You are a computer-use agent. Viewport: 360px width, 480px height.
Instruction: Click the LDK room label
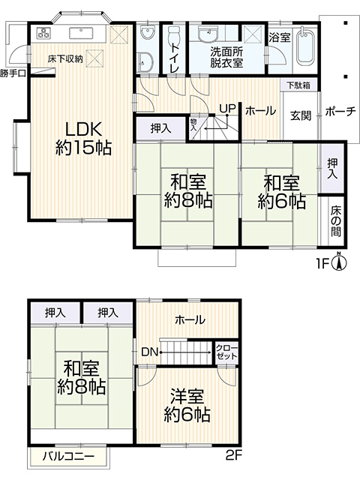tap(82, 137)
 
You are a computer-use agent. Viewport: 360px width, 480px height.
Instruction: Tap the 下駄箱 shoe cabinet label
tap(295, 85)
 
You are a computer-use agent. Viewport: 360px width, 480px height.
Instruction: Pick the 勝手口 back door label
tap(13, 73)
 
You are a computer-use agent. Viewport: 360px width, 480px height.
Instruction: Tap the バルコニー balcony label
tap(67, 455)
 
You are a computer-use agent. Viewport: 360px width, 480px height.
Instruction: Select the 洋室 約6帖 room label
tap(187, 405)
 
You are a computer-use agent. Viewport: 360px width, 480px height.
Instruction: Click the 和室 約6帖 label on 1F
tap(281, 192)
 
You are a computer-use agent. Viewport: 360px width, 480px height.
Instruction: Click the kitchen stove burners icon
tap(42, 34)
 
